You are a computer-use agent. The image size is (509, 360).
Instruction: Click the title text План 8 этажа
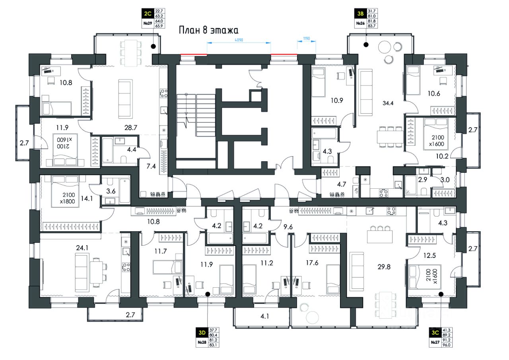[x=208, y=30]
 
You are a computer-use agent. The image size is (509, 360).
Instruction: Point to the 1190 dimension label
[x=306, y=39]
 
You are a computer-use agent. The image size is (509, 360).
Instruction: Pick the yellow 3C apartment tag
[x=435, y=331]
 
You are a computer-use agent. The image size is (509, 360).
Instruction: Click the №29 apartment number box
[x=147, y=23]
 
